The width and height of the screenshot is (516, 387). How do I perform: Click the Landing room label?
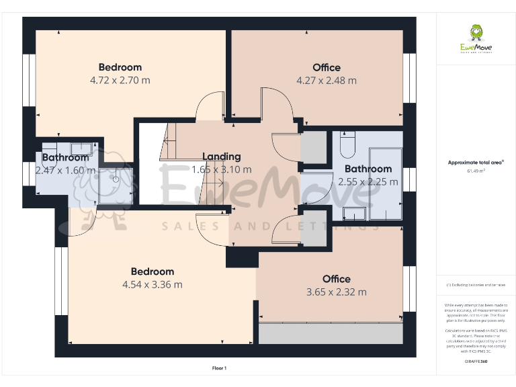click(221, 157)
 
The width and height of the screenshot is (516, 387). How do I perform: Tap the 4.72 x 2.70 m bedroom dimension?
click(120, 80)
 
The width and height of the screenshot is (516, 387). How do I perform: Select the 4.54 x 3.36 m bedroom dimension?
click(152, 284)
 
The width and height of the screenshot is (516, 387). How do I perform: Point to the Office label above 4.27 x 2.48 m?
click(327, 67)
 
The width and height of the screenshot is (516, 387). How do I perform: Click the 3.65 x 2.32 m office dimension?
click(336, 292)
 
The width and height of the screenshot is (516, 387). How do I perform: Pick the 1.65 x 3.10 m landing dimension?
click(221, 170)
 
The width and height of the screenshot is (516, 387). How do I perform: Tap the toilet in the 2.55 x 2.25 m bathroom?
click(347, 144)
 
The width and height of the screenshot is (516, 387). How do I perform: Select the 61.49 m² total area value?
click(476, 171)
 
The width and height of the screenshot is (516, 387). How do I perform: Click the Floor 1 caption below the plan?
click(220, 368)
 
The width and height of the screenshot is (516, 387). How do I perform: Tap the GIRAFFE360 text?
click(476, 361)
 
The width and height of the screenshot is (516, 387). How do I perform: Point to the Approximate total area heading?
click(476, 163)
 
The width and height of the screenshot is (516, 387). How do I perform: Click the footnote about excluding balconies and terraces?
click(476, 286)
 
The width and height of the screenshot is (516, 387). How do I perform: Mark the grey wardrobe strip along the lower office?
click(332, 333)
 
